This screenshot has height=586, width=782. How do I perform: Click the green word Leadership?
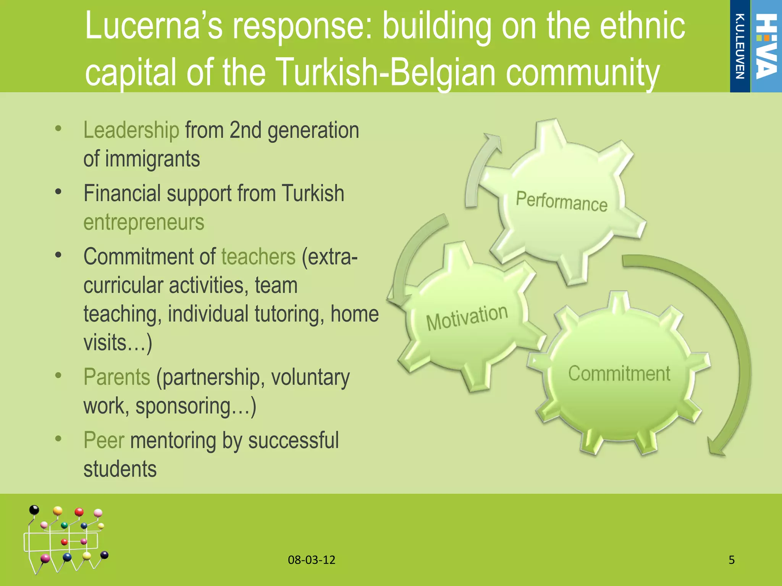click(131, 130)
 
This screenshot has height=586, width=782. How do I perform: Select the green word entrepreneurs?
click(144, 222)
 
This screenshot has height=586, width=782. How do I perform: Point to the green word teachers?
click(258, 257)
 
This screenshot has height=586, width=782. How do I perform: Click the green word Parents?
click(117, 377)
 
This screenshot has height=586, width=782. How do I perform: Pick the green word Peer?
click(104, 440)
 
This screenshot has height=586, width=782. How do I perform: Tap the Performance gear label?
click(561, 201)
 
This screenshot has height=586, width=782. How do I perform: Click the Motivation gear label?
click(467, 317)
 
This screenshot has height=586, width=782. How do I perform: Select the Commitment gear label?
click(619, 373)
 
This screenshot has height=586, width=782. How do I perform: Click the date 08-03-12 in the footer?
click(312, 560)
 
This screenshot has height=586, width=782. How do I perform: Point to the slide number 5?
click(732, 560)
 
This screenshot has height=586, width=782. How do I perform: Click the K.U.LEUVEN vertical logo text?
click(740, 46)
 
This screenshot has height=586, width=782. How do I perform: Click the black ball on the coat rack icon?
click(34, 510)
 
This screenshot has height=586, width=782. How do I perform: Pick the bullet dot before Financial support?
click(58, 192)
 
